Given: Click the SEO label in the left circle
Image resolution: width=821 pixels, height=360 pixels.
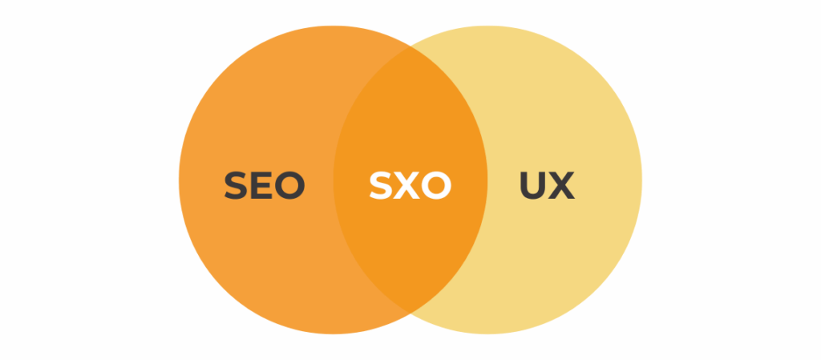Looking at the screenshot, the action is [x=265, y=185].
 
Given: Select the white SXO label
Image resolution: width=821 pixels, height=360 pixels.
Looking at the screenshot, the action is [x=410, y=185].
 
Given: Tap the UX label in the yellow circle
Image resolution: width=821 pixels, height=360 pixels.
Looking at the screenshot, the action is [x=547, y=185].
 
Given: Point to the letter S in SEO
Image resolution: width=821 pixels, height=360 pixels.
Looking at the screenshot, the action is [x=236, y=185].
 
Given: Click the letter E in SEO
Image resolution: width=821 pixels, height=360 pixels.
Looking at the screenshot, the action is [x=261, y=185].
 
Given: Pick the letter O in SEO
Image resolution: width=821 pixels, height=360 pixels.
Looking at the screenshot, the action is [x=290, y=185].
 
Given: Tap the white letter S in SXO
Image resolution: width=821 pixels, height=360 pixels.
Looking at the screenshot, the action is [x=381, y=185].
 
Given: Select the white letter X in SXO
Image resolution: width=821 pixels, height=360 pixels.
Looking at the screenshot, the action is [x=406, y=185].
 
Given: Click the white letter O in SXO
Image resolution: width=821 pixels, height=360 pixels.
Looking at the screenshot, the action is [x=437, y=185].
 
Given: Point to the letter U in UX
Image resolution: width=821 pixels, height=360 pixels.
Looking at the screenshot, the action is [x=533, y=185].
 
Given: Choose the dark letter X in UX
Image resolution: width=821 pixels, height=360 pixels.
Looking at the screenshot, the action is [x=561, y=185].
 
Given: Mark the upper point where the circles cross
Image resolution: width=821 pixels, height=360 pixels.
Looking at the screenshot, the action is [x=410, y=46].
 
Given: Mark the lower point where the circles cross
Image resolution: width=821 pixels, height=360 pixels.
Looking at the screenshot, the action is [x=410, y=313].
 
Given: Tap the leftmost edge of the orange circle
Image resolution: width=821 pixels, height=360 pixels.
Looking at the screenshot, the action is [x=179, y=180].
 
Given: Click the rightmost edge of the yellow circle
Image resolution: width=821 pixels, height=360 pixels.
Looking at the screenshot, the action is [x=642, y=180].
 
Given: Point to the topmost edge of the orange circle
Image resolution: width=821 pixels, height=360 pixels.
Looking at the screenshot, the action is [x=334, y=26].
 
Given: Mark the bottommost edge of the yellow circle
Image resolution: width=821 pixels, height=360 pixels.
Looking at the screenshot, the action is [x=487, y=334].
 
